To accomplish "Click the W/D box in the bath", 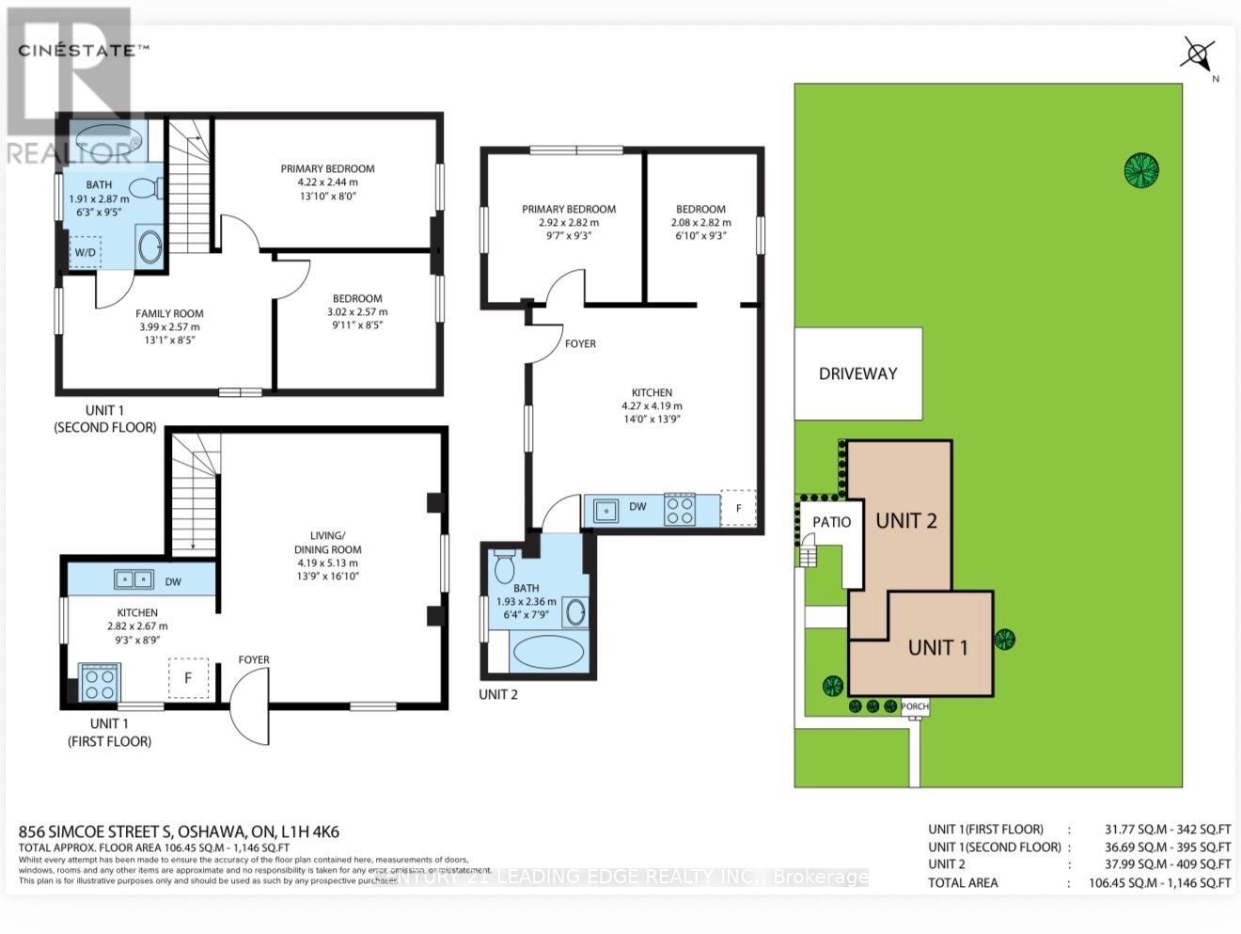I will [x=85, y=252].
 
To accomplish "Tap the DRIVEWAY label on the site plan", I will [x=857, y=373].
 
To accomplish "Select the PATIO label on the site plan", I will [x=831, y=522].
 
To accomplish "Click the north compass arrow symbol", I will [x=1197, y=54].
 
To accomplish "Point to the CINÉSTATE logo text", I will [x=83, y=50].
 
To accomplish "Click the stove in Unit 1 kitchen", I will [x=100, y=683].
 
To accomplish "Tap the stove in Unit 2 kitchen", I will [x=680, y=509].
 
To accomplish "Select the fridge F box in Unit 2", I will [x=738, y=508].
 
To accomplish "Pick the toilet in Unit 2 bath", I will [x=504, y=566].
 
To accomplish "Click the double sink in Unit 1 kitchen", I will [x=134, y=579].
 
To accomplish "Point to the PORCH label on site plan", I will [x=914, y=706].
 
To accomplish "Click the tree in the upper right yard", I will [x=1140, y=170].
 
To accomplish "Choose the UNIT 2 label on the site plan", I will [x=906, y=521].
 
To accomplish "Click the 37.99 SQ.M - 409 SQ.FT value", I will [x=1167, y=864].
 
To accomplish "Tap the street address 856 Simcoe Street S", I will [x=179, y=832].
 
